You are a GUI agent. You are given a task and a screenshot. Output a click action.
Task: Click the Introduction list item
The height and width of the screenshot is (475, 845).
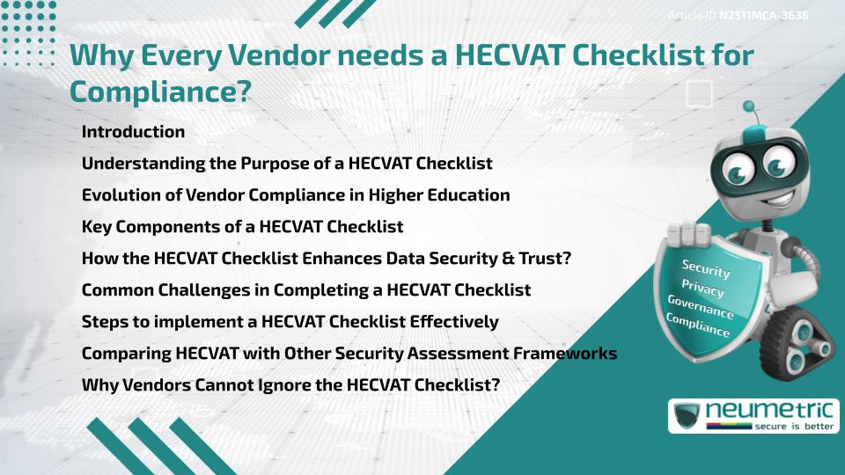[133, 132]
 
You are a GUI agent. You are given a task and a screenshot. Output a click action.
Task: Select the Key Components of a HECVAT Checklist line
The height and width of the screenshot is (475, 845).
[242, 227]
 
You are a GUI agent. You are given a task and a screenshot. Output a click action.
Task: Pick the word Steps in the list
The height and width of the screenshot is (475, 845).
[104, 322]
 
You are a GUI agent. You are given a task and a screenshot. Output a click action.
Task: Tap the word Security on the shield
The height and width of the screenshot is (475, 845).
[706, 269]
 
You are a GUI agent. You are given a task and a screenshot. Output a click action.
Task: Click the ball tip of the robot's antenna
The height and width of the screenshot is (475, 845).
[749, 106]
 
